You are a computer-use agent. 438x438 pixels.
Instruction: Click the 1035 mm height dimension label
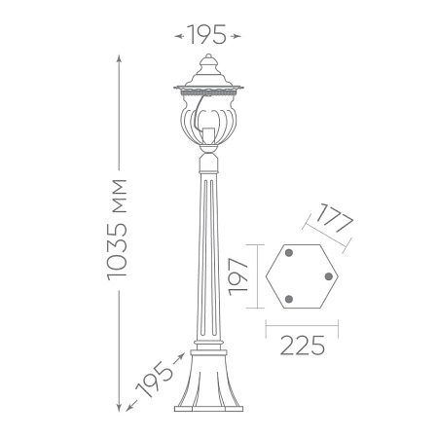click(117, 230)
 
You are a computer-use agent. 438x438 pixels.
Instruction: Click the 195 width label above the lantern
click(207, 35)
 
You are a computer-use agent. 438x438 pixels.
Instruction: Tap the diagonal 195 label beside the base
click(154, 379)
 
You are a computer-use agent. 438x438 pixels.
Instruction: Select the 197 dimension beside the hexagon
click(238, 276)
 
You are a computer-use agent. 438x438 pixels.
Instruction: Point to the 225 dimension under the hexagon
click(302, 346)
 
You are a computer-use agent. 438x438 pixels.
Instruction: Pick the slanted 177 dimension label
click(335, 218)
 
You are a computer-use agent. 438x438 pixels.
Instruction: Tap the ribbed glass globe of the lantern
click(208, 120)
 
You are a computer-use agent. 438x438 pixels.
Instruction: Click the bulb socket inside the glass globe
click(208, 135)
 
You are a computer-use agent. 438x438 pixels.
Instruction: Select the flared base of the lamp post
click(208, 381)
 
